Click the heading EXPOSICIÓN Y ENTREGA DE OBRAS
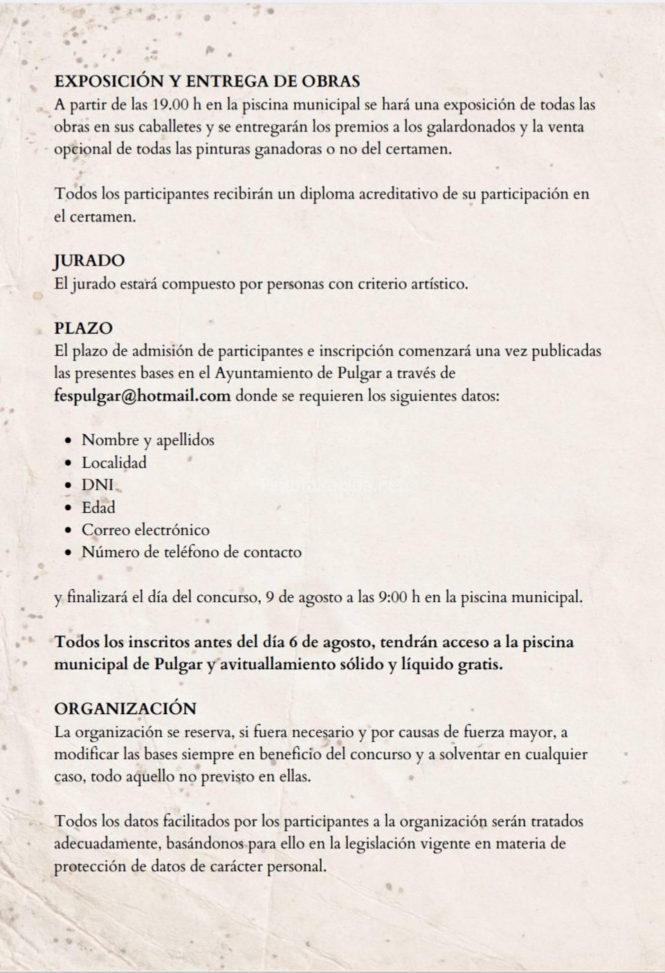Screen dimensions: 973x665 point(207,81)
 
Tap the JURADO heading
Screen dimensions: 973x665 point(89,261)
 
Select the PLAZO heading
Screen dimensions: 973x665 point(83,328)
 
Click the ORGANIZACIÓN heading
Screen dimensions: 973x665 point(125,709)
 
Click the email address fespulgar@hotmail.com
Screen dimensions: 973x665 point(143,396)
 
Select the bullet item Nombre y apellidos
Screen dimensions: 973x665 point(148,440)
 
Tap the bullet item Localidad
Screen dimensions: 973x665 point(114,462)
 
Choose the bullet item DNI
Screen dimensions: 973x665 point(98,485)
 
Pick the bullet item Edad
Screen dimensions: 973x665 point(98,507)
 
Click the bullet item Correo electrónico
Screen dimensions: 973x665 point(145,530)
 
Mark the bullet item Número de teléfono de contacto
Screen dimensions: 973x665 point(192,552)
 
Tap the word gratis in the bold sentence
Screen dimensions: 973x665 point(480,664)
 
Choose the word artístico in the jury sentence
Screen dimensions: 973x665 point(436,284)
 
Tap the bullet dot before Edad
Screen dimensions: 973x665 point(68,508)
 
